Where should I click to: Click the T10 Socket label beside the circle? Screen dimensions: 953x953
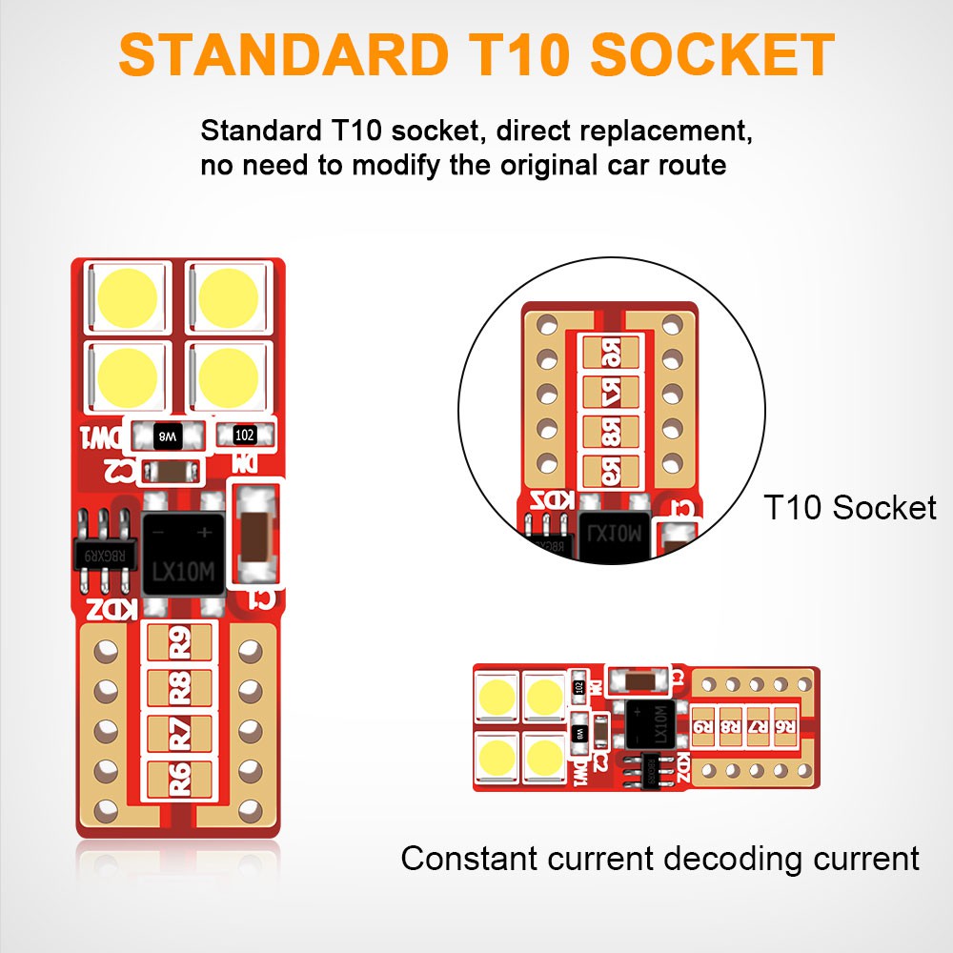tap(850, 507)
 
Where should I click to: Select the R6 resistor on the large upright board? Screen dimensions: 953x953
tap(181, 776)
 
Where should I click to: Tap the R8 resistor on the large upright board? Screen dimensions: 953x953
tap(181, 687)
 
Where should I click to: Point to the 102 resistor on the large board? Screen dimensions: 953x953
tap(244, 435)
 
